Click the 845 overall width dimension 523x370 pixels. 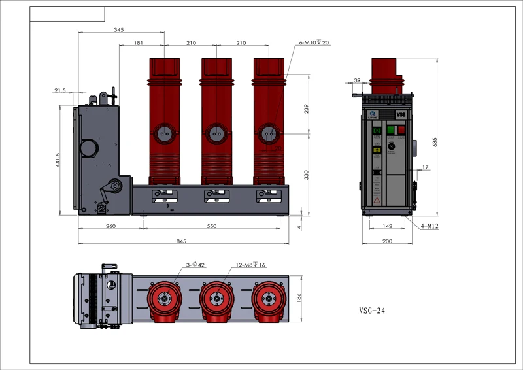pyautogui.click(x=182, y=241)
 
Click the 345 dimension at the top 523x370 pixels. pyautogui.click(x=119, y=30)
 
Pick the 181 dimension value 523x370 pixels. pyautogui.click(x=139, y=43)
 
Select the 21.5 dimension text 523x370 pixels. pyautogui.click(x=60, y=90)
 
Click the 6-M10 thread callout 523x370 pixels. pyautogui.click(x=314, y=42)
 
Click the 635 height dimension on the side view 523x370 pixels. pyautogui.click(x=435, y=141)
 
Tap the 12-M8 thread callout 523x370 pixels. pyautogui.click(x=250, y=265)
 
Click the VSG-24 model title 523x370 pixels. pyautogui.click(x=372, y=311)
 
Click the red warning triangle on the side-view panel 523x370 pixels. pyautogui.click(x=378, y=202)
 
